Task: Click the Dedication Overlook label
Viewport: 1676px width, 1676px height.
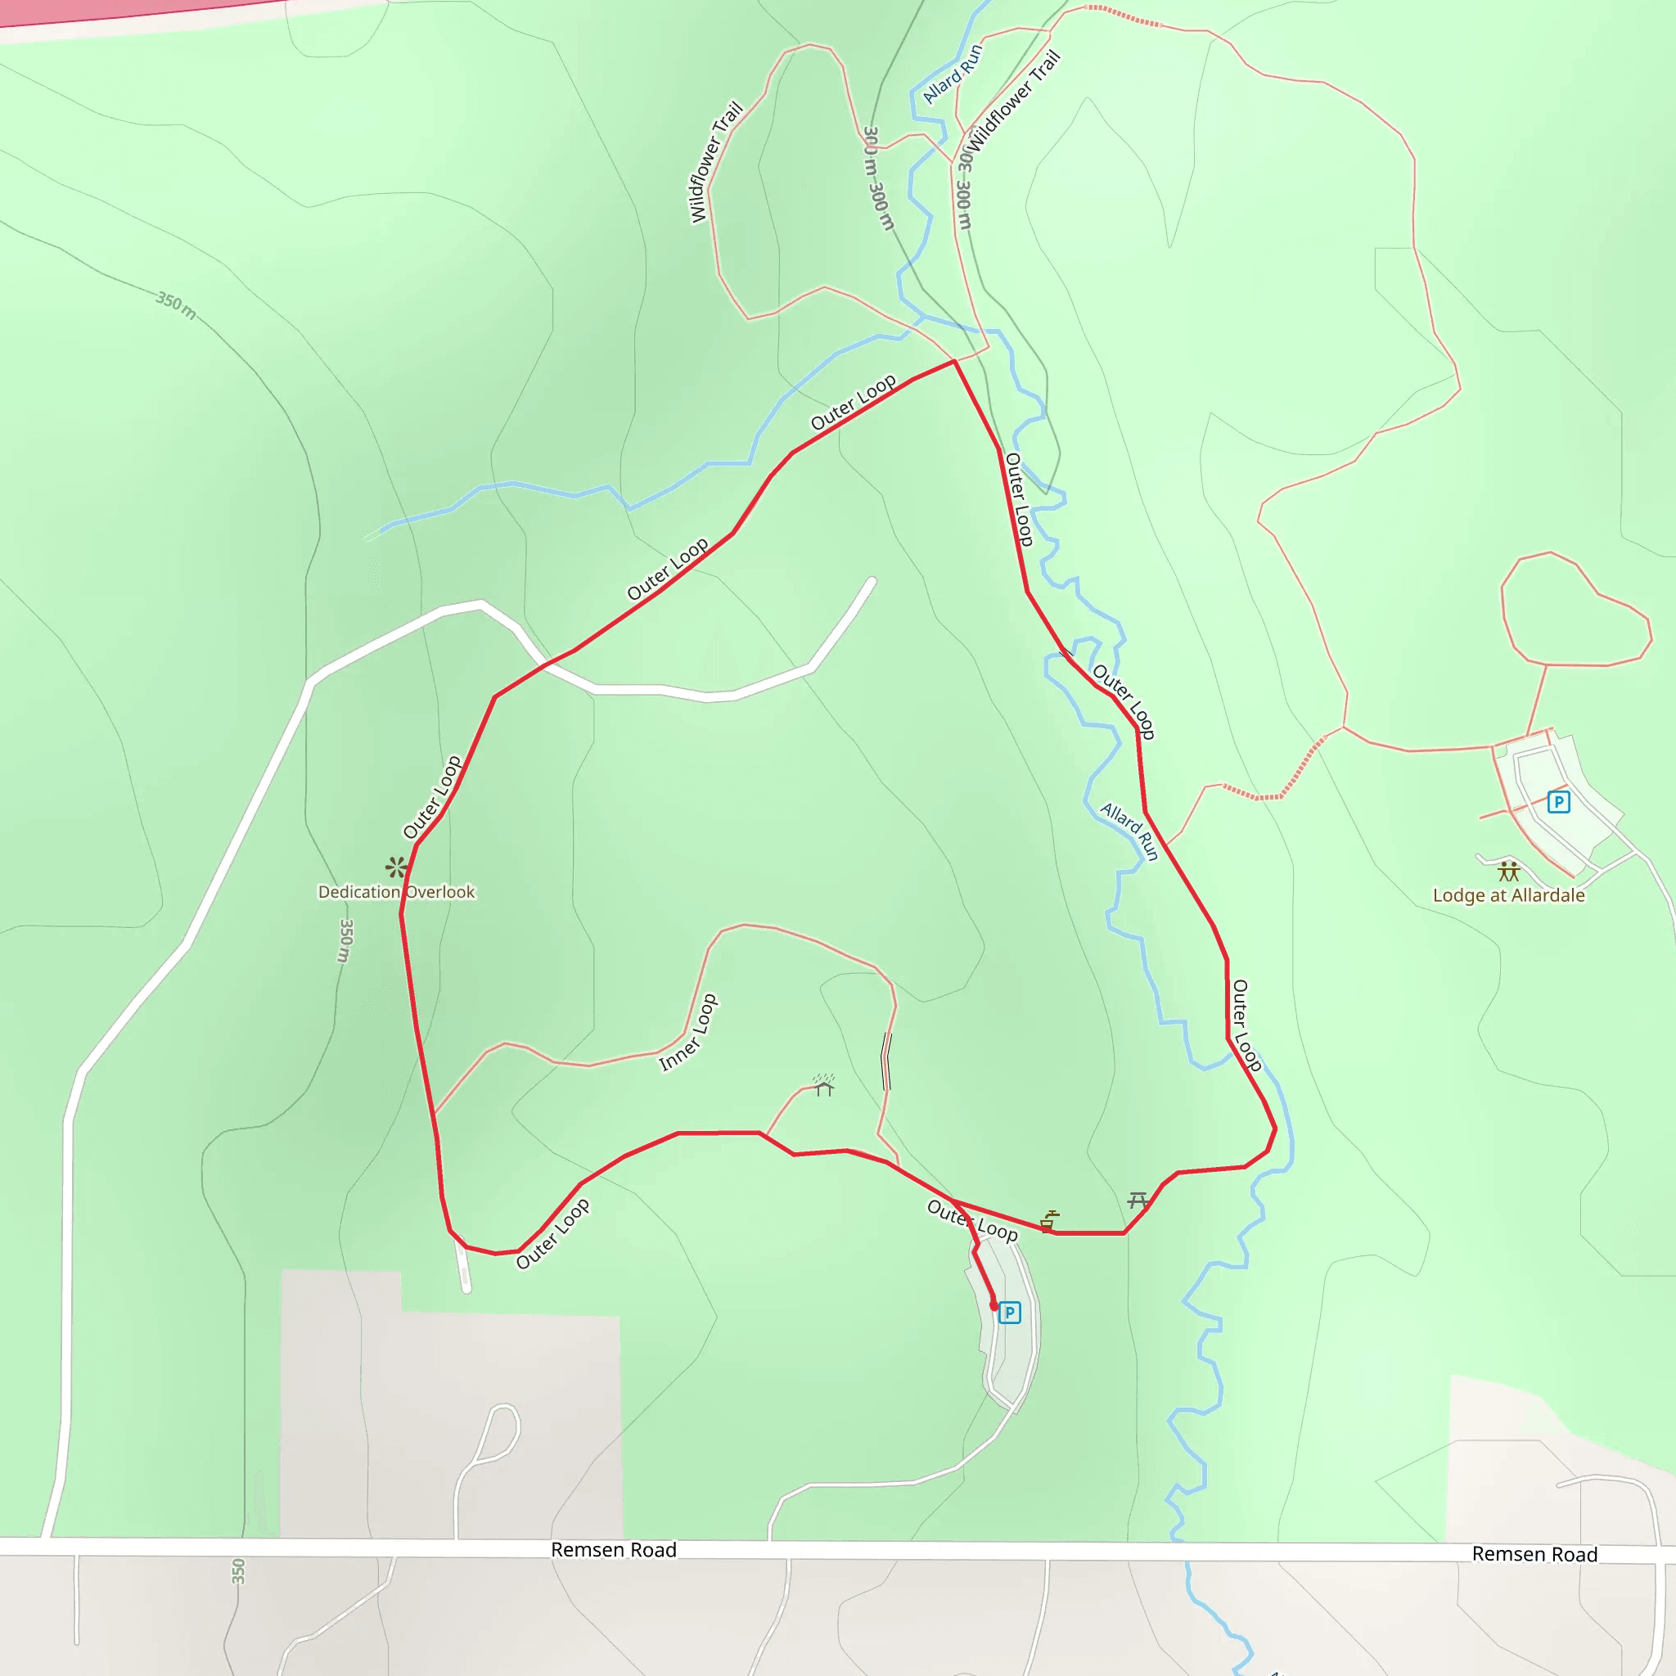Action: [396, 892]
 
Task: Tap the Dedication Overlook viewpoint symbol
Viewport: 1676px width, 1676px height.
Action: [396, 866]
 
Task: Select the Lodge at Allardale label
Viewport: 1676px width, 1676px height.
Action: [1508, 895]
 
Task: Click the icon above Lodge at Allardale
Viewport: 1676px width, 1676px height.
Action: [1509, 871]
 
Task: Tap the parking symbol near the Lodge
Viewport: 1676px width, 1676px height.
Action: [1559, 801]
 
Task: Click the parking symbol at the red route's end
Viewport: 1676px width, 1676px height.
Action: [1009, 1313]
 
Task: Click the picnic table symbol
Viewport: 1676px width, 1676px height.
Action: [1138, 1201]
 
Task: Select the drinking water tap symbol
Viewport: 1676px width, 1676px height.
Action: [1050, 1220]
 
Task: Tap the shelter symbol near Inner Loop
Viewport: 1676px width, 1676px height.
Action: [823, 1084]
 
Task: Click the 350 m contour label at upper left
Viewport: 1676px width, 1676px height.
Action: [176, 304]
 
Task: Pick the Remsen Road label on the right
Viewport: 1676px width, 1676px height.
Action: [1534, 1554]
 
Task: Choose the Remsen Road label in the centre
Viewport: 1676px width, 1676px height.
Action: [613, 1550]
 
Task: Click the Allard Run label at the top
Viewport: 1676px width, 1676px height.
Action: [953, 74]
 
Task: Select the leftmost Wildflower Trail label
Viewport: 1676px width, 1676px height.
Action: [716, 162]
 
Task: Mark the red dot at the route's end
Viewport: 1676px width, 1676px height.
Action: [994, 1306]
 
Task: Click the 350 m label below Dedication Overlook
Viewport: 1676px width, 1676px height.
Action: [345, 940]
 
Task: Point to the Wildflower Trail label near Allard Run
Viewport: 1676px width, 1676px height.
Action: [1014, 100]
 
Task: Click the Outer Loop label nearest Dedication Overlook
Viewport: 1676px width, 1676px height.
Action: [432, 796]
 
